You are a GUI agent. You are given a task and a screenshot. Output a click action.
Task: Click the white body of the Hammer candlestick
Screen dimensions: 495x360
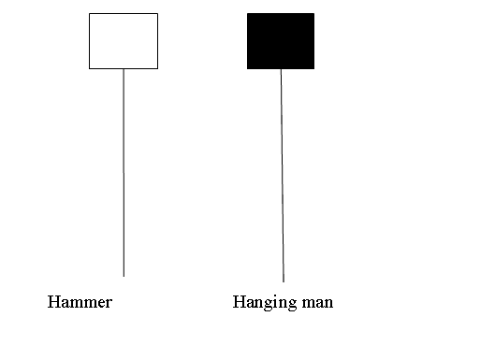[x=124, y=41]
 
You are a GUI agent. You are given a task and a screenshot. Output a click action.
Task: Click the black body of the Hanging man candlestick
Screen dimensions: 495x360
[x=281, y=41]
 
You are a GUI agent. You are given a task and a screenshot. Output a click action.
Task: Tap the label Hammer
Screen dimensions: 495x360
[x=80, y=303]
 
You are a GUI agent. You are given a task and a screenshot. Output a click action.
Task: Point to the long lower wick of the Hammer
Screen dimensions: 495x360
[x=124, y=173]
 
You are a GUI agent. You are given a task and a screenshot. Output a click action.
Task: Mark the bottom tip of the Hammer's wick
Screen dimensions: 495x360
[x=124, y=276]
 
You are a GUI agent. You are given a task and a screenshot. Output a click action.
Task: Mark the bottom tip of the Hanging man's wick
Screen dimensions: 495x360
[x=283, y=281]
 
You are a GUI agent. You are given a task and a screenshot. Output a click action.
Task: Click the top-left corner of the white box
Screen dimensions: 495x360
[x=90, y=14]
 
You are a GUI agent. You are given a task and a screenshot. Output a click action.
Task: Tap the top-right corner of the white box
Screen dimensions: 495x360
[x=157, y=14]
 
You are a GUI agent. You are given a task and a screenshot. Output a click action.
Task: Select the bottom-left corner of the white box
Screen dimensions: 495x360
[x=90, y=68]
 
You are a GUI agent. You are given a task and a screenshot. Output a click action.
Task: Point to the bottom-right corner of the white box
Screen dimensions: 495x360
[x=157, y=68]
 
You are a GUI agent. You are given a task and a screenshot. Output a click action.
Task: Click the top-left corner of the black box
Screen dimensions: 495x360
[x=247, y=14]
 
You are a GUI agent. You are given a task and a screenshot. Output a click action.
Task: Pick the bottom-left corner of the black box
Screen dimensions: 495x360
[x=247, y=68]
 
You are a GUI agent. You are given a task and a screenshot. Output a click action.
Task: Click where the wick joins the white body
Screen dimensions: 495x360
[x=124, y=69]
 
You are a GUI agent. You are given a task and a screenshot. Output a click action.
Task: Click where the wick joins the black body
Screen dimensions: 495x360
[x=281, y=69]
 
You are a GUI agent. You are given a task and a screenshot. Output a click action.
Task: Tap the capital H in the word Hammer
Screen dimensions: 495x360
[x=53, y=303]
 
